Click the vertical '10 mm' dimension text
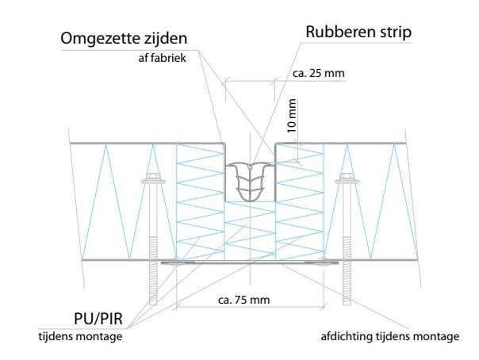coord(291,114)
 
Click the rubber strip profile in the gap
coord(250,183)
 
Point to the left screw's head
coord(153,182)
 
